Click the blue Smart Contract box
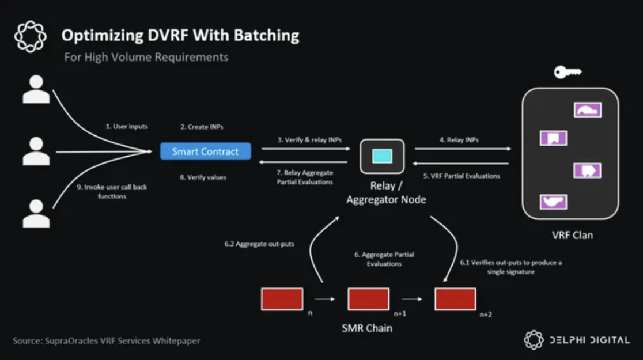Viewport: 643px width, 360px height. point(206,151)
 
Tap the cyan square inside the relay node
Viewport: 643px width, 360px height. point(382,156)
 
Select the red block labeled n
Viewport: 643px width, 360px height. point(282,299)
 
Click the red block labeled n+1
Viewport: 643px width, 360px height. point(369,299)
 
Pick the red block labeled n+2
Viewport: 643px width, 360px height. point(456,299)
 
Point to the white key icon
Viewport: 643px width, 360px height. point(568,72)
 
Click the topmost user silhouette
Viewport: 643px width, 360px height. point(36,89)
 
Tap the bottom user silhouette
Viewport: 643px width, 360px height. point(36,213)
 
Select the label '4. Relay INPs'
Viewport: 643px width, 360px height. point(459,140)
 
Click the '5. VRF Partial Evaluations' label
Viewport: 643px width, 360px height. point(462,176)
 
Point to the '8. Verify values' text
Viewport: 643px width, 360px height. point(203,177)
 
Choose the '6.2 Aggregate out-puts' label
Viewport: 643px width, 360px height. point(259,244)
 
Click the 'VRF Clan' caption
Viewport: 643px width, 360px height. point(573,236)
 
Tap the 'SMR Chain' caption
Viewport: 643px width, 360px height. point(367,328)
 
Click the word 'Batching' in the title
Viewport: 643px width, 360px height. point(267,36)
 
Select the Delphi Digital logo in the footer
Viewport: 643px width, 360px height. point(577,339)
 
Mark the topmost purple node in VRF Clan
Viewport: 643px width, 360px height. point(588,110)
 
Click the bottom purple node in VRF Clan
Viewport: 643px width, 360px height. point(554,202)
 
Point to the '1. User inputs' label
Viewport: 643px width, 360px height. point(127,127)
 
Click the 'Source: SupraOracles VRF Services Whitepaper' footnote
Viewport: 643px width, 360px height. point(106,341)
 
